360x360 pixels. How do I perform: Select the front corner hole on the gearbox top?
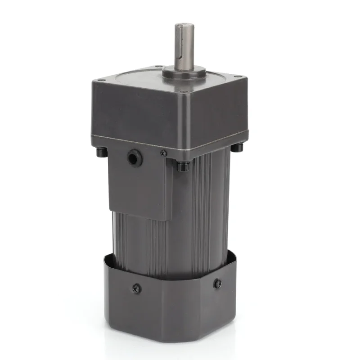point(185,93)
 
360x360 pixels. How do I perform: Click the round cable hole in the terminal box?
point(133,158)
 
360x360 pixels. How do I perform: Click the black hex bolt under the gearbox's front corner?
point(183,166)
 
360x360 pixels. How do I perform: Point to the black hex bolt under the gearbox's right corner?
point(239,147)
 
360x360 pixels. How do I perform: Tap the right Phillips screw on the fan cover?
point(218,283)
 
